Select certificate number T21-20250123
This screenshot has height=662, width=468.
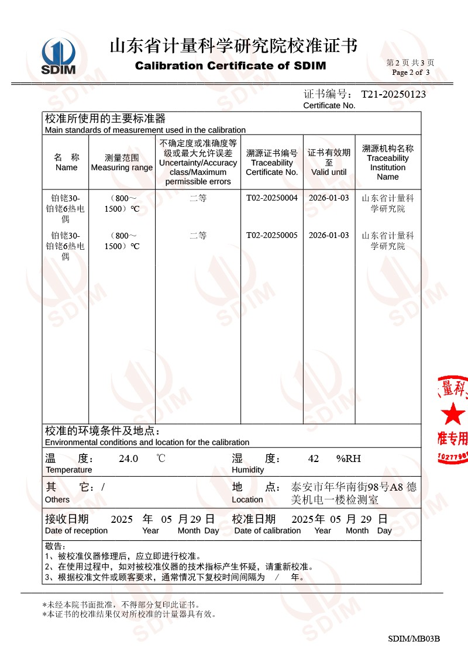(393, 94)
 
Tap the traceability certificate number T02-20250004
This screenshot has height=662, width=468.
(272, 198)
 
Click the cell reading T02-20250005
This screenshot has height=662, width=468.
(272, 235)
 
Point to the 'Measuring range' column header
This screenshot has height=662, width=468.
(122, 168)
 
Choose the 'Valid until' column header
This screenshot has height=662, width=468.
(329, 172)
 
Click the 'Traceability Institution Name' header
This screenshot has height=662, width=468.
(387, 167)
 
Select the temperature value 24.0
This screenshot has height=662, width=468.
(128, 458)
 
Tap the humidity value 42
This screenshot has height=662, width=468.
(314, 458)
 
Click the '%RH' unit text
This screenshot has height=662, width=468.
(349, 458)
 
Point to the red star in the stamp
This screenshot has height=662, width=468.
(453, 414)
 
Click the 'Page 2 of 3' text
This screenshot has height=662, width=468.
(411, 73)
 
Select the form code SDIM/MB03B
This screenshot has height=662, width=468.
(414, 639)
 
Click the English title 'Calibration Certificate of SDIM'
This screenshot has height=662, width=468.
(230, 65)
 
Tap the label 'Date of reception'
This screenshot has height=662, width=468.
(76, 530)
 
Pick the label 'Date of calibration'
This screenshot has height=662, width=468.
(267, 530)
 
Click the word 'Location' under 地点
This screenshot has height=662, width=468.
(247, 499)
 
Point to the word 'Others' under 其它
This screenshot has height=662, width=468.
(57, 499)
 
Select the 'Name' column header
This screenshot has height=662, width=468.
(66, 167)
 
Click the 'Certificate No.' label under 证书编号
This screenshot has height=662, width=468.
(329, 105)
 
